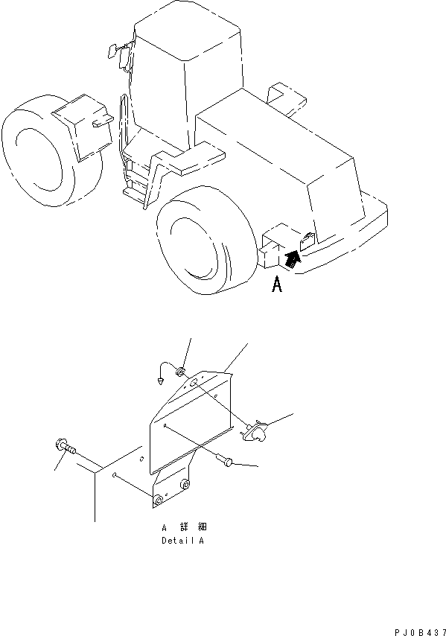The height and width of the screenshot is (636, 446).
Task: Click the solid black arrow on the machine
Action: coord(293,258)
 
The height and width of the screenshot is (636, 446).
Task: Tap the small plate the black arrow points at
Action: coord(307,240)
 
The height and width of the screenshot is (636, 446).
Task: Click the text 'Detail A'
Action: coord(182,540)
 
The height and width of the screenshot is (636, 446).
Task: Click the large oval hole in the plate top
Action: coord(193,384)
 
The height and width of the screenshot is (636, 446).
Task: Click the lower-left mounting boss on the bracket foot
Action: coord(157,498)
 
